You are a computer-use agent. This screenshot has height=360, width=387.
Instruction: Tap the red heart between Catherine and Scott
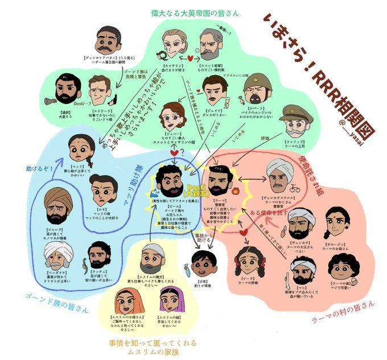tap(191, 57)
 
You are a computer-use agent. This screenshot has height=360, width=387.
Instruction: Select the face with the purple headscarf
tap(169, 298)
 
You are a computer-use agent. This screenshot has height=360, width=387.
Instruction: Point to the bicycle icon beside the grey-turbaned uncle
tap(296, 185)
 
